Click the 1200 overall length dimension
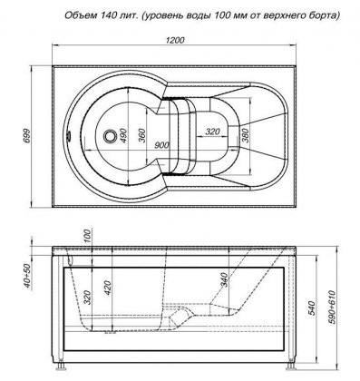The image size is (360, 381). coord(175,40)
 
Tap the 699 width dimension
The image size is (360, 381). coord(27,136)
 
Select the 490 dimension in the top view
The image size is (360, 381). coord(123,136)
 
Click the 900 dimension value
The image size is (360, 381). coord(161,145)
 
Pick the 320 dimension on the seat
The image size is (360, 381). coord(212,132)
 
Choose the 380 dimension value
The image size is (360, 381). coord(245,135)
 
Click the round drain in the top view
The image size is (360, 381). coord(110,136)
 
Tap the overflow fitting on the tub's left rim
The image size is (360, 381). coord(69,136)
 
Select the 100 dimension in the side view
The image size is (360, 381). coord(87,236)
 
